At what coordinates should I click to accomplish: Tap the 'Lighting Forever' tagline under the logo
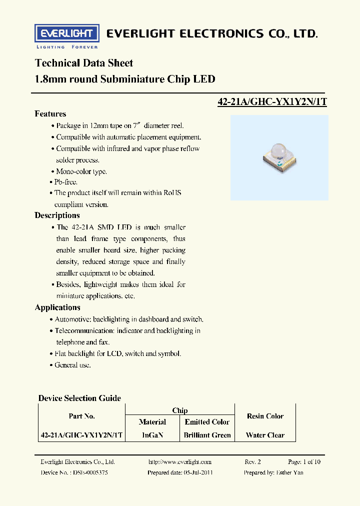(67, 47)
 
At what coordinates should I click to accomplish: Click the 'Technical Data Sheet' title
(83, 63)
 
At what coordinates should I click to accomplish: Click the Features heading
(50, 113)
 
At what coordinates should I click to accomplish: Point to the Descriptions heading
(57, 215)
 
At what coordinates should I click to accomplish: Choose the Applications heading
(57, 307)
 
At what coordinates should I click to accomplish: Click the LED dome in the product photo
(276, 149)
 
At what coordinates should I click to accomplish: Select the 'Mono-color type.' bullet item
(81, 171)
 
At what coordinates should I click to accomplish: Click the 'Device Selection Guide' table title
(79, 398)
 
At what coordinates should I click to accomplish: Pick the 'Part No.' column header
(81, 416)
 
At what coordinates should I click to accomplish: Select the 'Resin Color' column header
(265, 416)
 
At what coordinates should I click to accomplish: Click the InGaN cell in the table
(152, 435)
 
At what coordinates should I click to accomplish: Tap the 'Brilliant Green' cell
(207, 435)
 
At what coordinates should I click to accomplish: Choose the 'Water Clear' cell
(265, 435)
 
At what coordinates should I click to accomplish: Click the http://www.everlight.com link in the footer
(180, 462)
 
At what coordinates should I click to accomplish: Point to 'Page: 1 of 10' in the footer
(304, 462)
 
